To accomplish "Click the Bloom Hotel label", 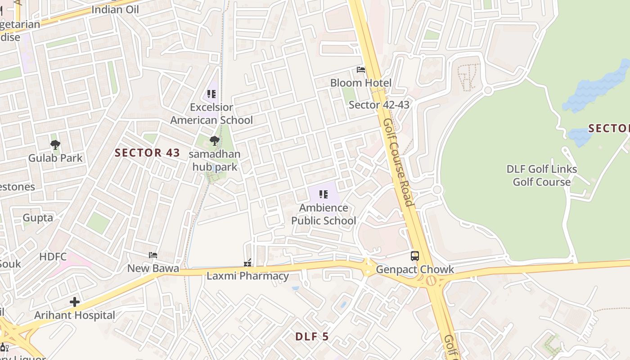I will pos(360,83).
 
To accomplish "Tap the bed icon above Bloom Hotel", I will pos(361,70).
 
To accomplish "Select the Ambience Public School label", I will pos(324,214).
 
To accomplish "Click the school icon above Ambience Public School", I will pos(324,194).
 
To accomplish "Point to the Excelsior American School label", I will pos(211,114).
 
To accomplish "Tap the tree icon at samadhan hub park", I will pos(215,141).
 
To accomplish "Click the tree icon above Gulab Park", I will pos(55,145).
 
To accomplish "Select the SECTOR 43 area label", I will pos(147,153).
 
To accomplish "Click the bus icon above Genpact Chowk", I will pos(415,256).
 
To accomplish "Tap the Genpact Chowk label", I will pos(415,270).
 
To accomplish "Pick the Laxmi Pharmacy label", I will pos(247,276).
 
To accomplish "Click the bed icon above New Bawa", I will pos(153,255).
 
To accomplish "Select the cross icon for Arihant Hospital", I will pos(75,302).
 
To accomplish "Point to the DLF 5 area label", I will pos(312,337).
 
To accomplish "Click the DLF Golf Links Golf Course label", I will pos(542,175).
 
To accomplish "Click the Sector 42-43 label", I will pos(379,105).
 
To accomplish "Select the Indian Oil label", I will pos(115,9).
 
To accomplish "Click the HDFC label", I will pos(53,257).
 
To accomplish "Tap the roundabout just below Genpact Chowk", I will pos(432,281).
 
